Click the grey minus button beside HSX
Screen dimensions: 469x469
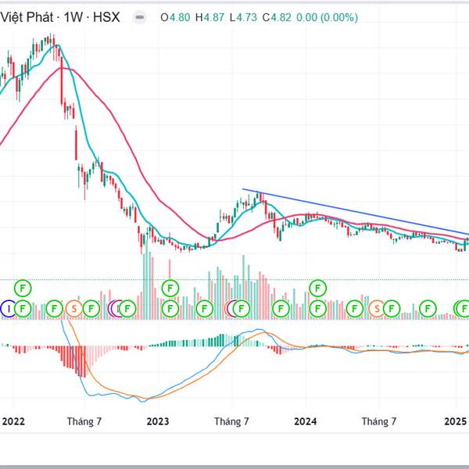139,16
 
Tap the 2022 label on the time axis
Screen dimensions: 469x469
14,421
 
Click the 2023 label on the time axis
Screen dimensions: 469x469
158,421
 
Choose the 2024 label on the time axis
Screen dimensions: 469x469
305,421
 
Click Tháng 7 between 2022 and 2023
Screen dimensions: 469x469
84,421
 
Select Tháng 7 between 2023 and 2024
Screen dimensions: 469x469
232,421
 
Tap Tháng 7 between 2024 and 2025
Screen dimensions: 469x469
379,421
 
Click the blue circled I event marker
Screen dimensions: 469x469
9,309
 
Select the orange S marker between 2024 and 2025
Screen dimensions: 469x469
377,309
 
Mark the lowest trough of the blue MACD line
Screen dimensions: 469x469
141,401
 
